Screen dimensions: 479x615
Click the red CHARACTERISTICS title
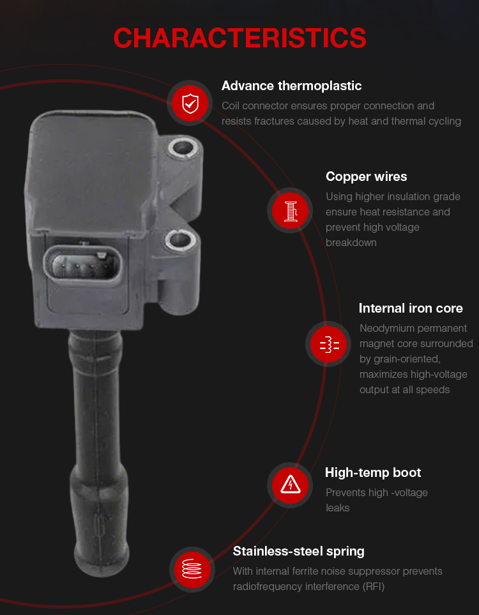pyautogui.click(x=240, y=38)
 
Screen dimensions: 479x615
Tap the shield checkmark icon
pyautogui.click(x=190, y=104)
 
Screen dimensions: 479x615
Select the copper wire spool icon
pyautogui.click(x=291, y=210)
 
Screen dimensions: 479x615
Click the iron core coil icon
pyautogui.click(x=330, y=344)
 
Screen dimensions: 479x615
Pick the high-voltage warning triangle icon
pyautogui.click(x=291, y=485)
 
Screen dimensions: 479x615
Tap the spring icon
pyautogui.click(x=192, y=569)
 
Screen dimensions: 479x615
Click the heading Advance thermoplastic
pyautogui.click(x=291, y=86)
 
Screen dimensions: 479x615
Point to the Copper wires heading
pyautogui.click(x=366, y=176)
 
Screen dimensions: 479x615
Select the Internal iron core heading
pyautogui.click(x=411, y=308)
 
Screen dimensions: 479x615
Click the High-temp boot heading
pyautogui.click(x=373, y=472)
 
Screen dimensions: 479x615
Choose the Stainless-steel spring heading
pyautogui.click(x=298, y=552)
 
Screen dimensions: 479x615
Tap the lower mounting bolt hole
pyautogui.click(x=179, y=240)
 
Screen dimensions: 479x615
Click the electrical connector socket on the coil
pyautogui.click(x=82, y=265)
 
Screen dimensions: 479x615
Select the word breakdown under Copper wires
pyautogui.click(x=351, y=243)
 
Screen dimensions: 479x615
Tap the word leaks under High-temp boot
pyautogui.click(x=337, y=508)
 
